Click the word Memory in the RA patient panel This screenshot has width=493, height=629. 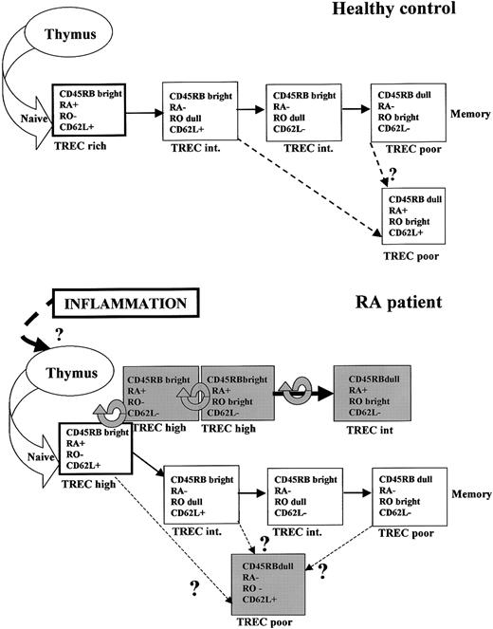(x=469, y=494)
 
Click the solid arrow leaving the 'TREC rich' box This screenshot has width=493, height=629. (x=143, y=111)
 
